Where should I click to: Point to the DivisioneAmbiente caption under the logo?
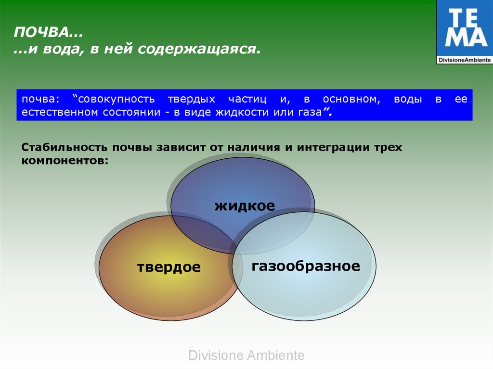click(x=465, y=60)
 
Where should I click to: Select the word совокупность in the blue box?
click(x=116, y=99)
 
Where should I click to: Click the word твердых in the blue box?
click(x=192, y=99)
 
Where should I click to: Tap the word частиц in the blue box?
click(x=247, y=99)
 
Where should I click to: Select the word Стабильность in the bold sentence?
click(x=65, y=147)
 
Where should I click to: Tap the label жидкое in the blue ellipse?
click(x=245, y=206)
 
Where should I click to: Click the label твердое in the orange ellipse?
click(x=169, y=267)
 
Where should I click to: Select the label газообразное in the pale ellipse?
click(x=306, y=266)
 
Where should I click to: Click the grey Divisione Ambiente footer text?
click(x=246, y=356)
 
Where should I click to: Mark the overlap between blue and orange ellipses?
click(x=204, y=231)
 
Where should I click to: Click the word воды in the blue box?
click(x=408, y=99)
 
